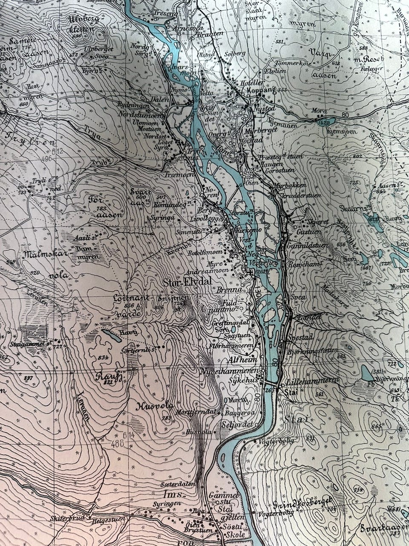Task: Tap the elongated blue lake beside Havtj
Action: click(x=110, y=336)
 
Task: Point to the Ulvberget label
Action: click(x=98, y=49)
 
